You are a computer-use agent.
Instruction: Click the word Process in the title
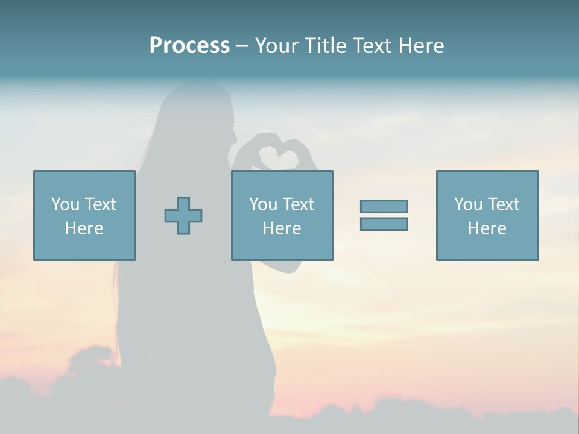[x=189, y=46]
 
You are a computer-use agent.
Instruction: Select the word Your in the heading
[x=277, y=46]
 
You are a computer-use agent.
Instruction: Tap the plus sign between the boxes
[x=183, y=216]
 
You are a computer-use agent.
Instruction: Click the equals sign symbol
[x=384, y=215]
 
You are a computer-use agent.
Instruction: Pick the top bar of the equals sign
[x=384, y=207]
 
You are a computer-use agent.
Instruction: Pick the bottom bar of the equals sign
[x=384, y=224]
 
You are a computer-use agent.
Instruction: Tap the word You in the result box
[x=468, y=204]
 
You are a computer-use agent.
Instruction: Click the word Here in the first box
[x=84, y=228]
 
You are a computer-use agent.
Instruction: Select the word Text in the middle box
[x=299, y=204]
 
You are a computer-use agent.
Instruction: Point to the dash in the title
[x=242, y=46]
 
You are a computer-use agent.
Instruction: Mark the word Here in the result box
[x=487, y=228]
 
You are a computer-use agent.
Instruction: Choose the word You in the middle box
[x=263, y=204]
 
